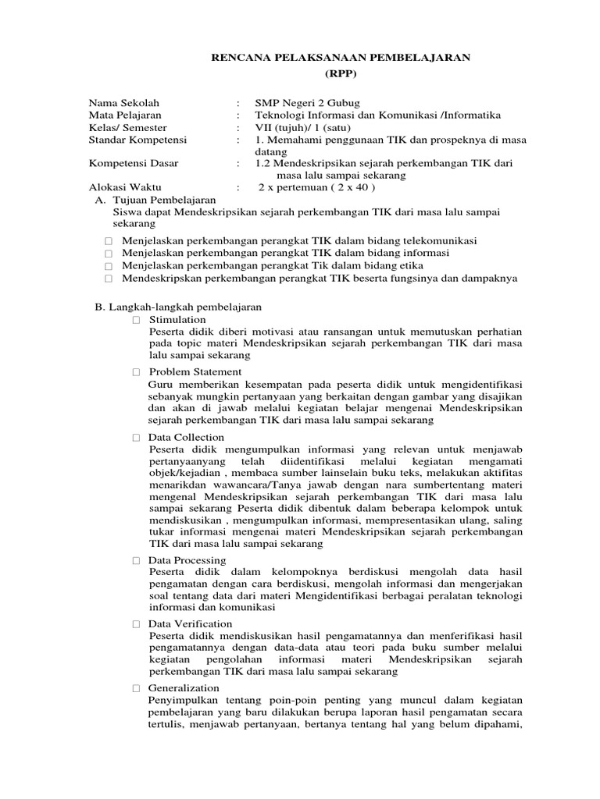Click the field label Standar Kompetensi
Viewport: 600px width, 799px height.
coord(133,140)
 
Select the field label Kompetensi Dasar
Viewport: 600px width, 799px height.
coord(133,164)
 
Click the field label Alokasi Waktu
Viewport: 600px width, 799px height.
coord(123,188)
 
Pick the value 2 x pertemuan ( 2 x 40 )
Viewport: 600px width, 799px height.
coord(318,188)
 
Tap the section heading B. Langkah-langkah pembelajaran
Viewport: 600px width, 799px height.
coord(178,307)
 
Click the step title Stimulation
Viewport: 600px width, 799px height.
coord(177,320)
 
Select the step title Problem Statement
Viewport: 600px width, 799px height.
coord(195,371)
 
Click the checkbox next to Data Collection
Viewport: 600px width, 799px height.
coord(137,438)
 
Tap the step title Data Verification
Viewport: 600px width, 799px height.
coord(191,624)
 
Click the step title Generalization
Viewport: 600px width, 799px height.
coord(184,688)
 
